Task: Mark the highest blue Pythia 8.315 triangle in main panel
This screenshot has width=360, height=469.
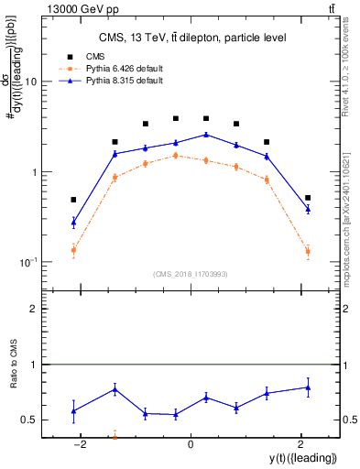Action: point(206,135)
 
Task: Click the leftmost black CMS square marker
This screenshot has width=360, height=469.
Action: point(73,200)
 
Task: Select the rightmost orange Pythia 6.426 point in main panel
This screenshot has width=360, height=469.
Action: point(308,251)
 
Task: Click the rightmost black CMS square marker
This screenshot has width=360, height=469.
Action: point(308,198)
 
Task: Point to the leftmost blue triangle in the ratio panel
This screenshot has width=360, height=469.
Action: point(73,410)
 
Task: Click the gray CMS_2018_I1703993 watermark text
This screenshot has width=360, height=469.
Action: point(191,273)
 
